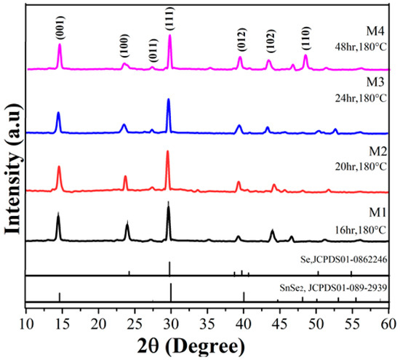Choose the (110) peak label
[x=305, y=39]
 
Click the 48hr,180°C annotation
[x=359, y=46]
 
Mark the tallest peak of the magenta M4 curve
[x=170, y=36]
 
